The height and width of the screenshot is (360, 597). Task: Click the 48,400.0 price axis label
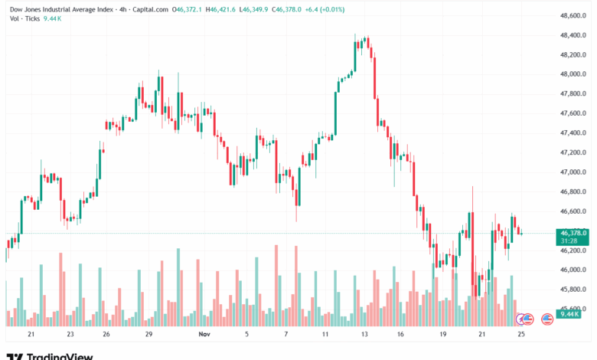(x=573, y=35)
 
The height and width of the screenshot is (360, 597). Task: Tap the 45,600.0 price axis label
(x=573, y=309)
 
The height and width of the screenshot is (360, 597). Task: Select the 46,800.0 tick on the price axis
(x=573, y=191)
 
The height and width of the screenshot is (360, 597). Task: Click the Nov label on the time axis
(x=203, y=334)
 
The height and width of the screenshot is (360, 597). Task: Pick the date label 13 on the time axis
(x=365, y=334)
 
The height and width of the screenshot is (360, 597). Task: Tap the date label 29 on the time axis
(x=150, y=334)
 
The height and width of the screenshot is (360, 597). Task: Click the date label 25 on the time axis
(x=522, y=334)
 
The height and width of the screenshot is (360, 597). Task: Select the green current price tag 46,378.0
(x=573, y=233)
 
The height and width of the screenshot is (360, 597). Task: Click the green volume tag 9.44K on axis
(x=570, y=314)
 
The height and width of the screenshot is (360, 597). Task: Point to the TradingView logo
(x=50, y=355)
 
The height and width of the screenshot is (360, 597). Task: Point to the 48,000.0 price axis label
(x=573, y=74)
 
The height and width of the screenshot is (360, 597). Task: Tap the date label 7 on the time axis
(x=286, y=334)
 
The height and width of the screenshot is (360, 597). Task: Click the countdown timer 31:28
(x=570, y=241)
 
